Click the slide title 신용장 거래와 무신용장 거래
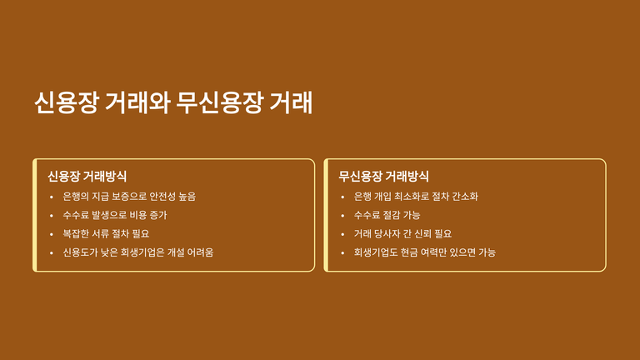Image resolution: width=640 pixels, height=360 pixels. pos(173,102)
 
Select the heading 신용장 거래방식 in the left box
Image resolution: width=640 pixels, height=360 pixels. pos(87,177)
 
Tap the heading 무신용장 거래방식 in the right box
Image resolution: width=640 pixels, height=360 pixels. pos(383,177)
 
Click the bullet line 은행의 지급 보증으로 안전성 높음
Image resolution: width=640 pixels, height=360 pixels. pos(129,197)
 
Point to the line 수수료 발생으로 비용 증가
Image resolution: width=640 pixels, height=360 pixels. pos(115,215)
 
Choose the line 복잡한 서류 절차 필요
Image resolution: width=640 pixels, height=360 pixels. pos(106,234)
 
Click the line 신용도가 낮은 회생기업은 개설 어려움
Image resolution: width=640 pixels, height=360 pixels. pos(138,252)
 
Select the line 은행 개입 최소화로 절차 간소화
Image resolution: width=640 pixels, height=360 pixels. pos(416,197)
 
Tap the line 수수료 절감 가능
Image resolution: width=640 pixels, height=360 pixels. pos(387,215)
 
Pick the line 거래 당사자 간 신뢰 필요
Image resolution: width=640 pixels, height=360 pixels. pos(402,234)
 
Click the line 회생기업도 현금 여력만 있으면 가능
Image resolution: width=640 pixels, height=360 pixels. pos(424,252)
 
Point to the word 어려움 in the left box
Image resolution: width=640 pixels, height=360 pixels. pos(200,252)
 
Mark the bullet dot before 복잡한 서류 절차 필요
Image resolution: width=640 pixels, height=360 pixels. pos(52,234)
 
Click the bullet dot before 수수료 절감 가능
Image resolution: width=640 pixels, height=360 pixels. pos(342,216)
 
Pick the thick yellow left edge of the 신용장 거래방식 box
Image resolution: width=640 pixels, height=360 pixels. pos(35,215)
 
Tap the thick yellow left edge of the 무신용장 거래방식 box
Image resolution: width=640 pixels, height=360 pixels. pos(326,215)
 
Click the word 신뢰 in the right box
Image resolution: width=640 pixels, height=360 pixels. pos(422,234)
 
